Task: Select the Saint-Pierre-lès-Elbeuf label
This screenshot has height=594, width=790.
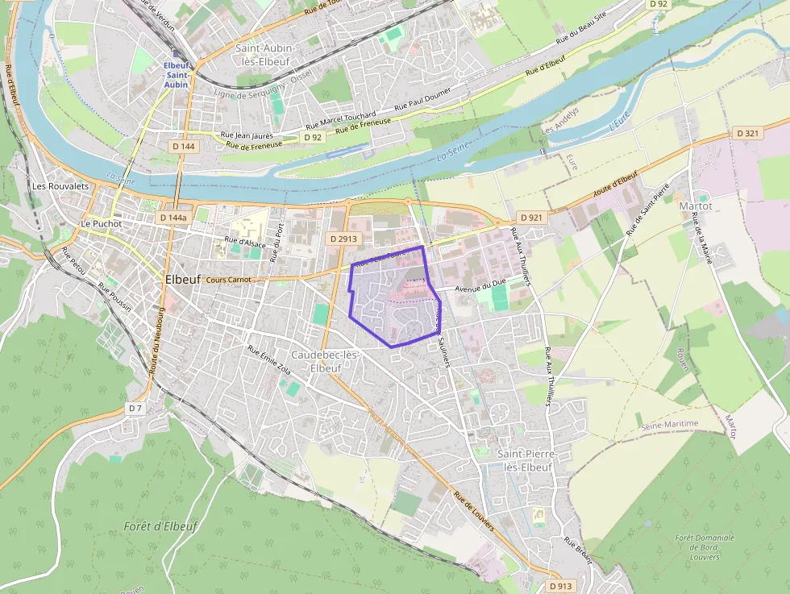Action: (525, 460)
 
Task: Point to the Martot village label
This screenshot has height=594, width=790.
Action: (695, 206)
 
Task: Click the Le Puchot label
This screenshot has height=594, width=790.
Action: (100, 223)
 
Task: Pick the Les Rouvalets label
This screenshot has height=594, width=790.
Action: (60, 185)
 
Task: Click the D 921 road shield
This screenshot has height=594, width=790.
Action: (530, 218)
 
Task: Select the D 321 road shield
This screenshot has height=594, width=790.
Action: (747, 133)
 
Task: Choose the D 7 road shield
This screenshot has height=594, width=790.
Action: (135, 409)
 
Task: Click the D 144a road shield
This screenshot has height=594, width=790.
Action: (173, 218)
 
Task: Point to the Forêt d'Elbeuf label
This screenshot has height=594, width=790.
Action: (160, 526)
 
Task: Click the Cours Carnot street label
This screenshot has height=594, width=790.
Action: (228, 280)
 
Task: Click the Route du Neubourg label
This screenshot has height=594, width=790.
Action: (160, 343)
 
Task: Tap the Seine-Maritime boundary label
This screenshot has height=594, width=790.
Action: (668, 424)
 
